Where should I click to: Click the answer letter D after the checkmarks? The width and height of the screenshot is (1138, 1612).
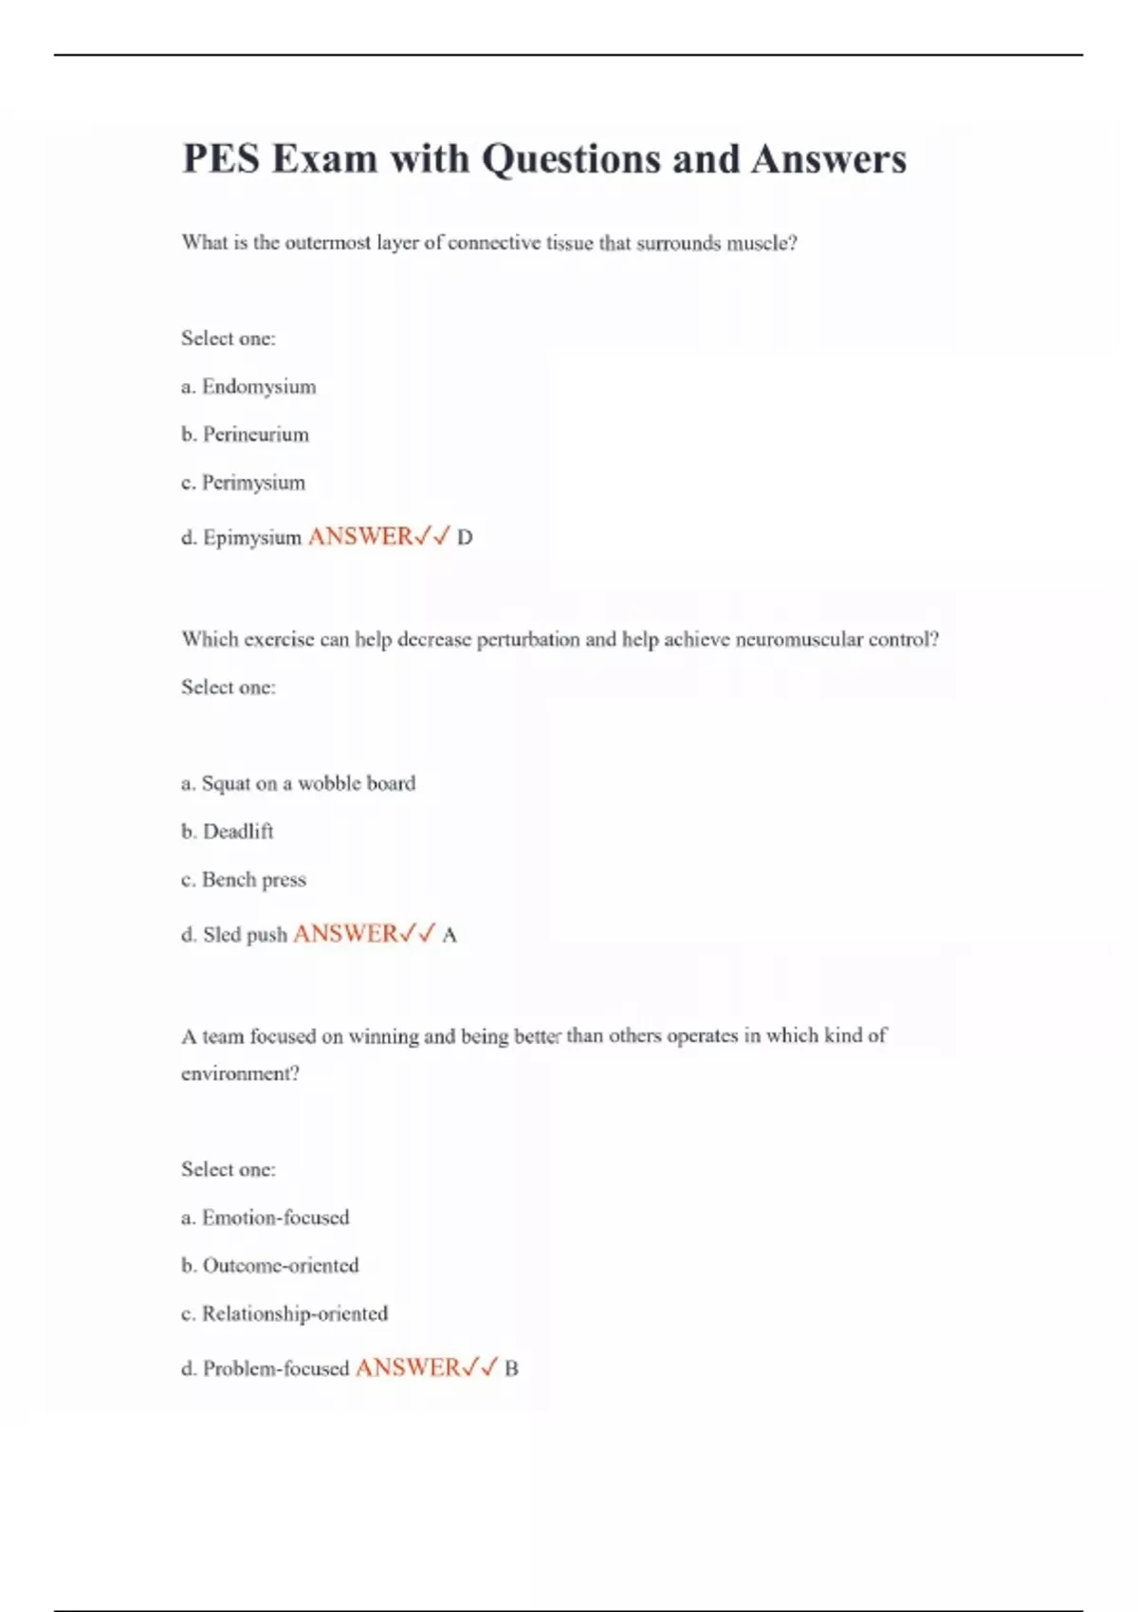coord(465,538)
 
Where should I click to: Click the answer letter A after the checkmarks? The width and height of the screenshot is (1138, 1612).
coord(450,935)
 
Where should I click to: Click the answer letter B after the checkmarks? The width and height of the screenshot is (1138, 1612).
coord(511,1369)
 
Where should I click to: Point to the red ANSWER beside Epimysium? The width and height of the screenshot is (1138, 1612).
coord(360,537)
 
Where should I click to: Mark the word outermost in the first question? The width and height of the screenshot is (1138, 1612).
coord(328,244)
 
